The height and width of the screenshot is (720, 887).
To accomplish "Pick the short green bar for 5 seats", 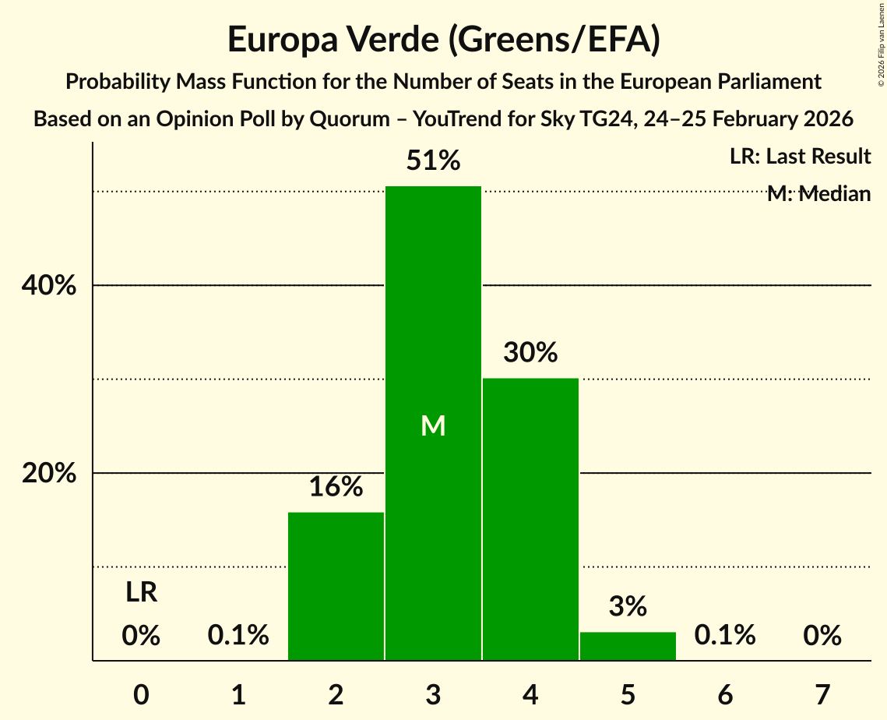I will point(628,646).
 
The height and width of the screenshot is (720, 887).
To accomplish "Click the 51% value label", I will point(433,161).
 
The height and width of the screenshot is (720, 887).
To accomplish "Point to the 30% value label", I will point(530,353).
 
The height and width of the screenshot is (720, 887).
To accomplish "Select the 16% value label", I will point(336,487).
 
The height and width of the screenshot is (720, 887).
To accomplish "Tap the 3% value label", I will point(628,606).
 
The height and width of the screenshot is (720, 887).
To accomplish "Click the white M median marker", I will point(433,425).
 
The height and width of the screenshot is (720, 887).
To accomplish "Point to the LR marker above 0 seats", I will point(142,593).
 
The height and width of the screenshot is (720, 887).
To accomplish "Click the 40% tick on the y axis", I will point(48,286).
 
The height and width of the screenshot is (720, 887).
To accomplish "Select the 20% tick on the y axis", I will point(48,474).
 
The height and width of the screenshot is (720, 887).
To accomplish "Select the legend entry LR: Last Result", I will point(800,157).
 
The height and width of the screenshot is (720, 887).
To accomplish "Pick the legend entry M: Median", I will point(818,194).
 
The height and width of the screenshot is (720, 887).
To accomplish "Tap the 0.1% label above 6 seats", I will point(725,636).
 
